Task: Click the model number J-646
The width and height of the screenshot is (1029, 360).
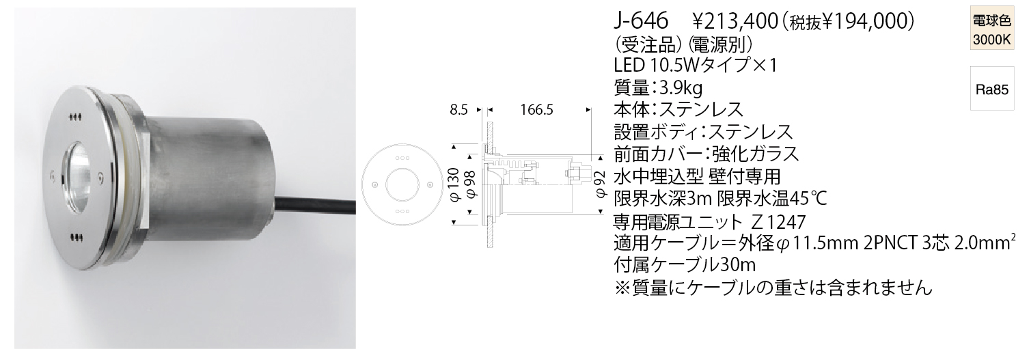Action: tap(640, 21)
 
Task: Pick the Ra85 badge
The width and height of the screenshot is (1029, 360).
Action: tap(992, 89)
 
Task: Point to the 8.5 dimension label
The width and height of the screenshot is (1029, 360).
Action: tap(458, 110)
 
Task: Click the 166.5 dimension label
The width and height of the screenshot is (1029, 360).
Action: tap(536, 110)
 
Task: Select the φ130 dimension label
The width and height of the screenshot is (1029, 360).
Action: tap(454, 184)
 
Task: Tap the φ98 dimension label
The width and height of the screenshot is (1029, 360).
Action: tap(471, 184)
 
